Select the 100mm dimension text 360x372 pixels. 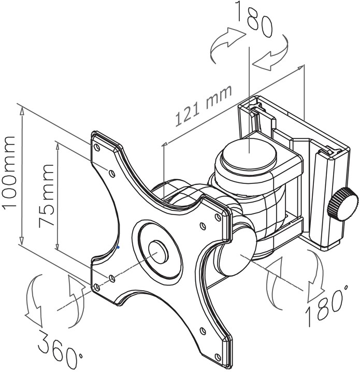tap(10, 172)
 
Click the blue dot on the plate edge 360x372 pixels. tap(118, 247)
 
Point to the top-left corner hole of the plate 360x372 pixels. tap(97, 148)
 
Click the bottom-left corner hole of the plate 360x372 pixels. tap(97, 288)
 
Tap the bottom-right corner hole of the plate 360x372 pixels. tap(218, 356)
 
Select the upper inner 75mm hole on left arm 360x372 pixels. tap(112, 173)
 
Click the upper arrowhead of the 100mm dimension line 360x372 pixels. tap(22, 110)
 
